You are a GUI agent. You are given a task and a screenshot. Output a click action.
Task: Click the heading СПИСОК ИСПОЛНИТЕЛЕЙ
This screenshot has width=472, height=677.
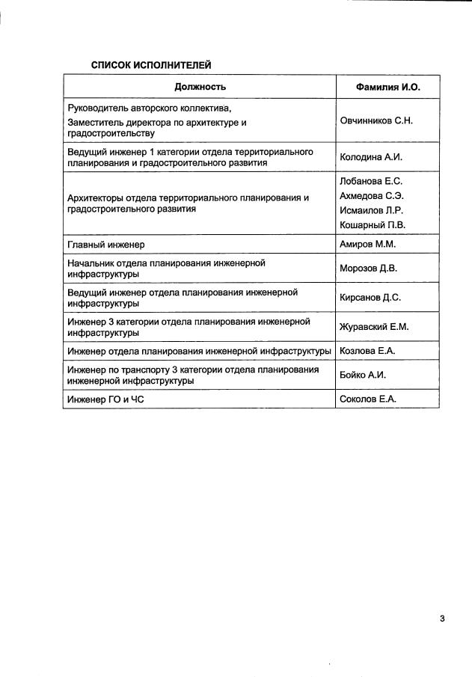151,65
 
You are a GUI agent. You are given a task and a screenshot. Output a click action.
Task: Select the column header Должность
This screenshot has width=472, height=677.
200,88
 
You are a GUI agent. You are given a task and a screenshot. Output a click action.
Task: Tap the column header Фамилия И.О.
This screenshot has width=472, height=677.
387,88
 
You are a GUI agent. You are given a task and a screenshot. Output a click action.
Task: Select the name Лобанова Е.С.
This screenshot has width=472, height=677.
372,181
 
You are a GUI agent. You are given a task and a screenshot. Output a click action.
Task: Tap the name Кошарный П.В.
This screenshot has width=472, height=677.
373,225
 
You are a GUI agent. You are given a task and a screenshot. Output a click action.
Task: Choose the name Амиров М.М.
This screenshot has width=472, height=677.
367,245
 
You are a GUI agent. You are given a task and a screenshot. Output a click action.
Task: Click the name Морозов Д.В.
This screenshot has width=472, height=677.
368,269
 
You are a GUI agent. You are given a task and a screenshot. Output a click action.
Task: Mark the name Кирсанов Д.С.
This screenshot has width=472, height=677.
370,298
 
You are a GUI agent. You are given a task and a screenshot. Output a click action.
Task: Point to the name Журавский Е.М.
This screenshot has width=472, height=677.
374,327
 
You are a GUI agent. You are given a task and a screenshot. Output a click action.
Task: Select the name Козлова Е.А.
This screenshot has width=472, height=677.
367,351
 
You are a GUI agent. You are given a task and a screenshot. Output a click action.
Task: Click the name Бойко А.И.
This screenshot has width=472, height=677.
363,375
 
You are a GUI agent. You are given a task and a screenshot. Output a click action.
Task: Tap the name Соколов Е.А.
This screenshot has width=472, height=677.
367,399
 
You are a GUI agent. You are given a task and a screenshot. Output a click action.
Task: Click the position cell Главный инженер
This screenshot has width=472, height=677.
105,245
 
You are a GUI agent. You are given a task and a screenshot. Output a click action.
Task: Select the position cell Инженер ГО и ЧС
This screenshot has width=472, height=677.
105,399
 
